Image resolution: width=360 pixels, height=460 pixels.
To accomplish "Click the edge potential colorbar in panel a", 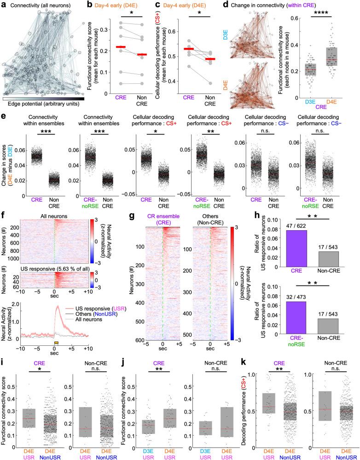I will [43, 98].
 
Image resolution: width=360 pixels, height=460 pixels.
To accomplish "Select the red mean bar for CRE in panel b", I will [108, 47].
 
